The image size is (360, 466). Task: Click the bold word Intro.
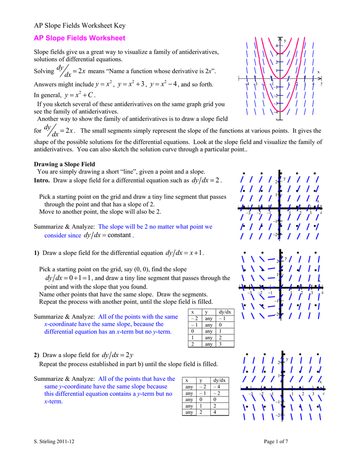click(42, 180)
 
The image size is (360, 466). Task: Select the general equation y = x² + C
click(79, 95)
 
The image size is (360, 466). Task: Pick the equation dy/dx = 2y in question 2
click(117, 355)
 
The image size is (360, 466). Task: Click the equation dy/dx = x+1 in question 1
click(185, 253)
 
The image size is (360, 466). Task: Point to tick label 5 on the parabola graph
click(321, 84)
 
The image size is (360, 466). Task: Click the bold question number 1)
click(37, 253)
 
